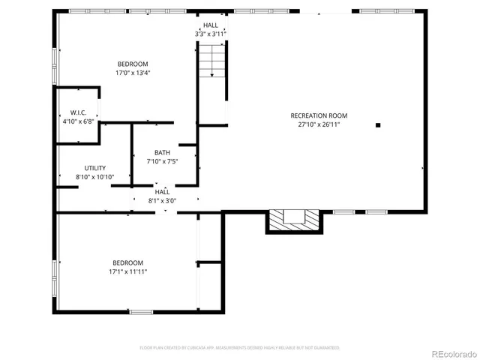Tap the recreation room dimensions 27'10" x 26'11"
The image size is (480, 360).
pos(319,124)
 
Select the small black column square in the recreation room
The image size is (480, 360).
pos(378,125)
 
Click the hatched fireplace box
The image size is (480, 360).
pos(293,219)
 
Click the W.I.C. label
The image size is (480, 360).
pos(68,112)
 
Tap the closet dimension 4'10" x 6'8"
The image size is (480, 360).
pos(77,121)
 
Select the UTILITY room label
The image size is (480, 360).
pos(94,168)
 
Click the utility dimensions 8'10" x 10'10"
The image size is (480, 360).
pos(94,177)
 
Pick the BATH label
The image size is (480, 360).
pos(162,152)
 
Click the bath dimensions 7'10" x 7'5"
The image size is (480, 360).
pos(162,161)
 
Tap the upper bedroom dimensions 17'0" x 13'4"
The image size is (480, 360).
pos(132,73)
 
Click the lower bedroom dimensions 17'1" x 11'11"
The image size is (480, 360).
pos(128,271)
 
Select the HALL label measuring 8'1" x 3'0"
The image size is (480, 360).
pos(163,191)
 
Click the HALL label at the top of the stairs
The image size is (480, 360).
pos(210,25)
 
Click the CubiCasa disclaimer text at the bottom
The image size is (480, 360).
pos(239,348)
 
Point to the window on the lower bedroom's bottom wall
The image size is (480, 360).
pos(140,311)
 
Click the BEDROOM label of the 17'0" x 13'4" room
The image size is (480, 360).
pos(132,64)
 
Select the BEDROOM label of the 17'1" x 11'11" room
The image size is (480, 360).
pos(128,262)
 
